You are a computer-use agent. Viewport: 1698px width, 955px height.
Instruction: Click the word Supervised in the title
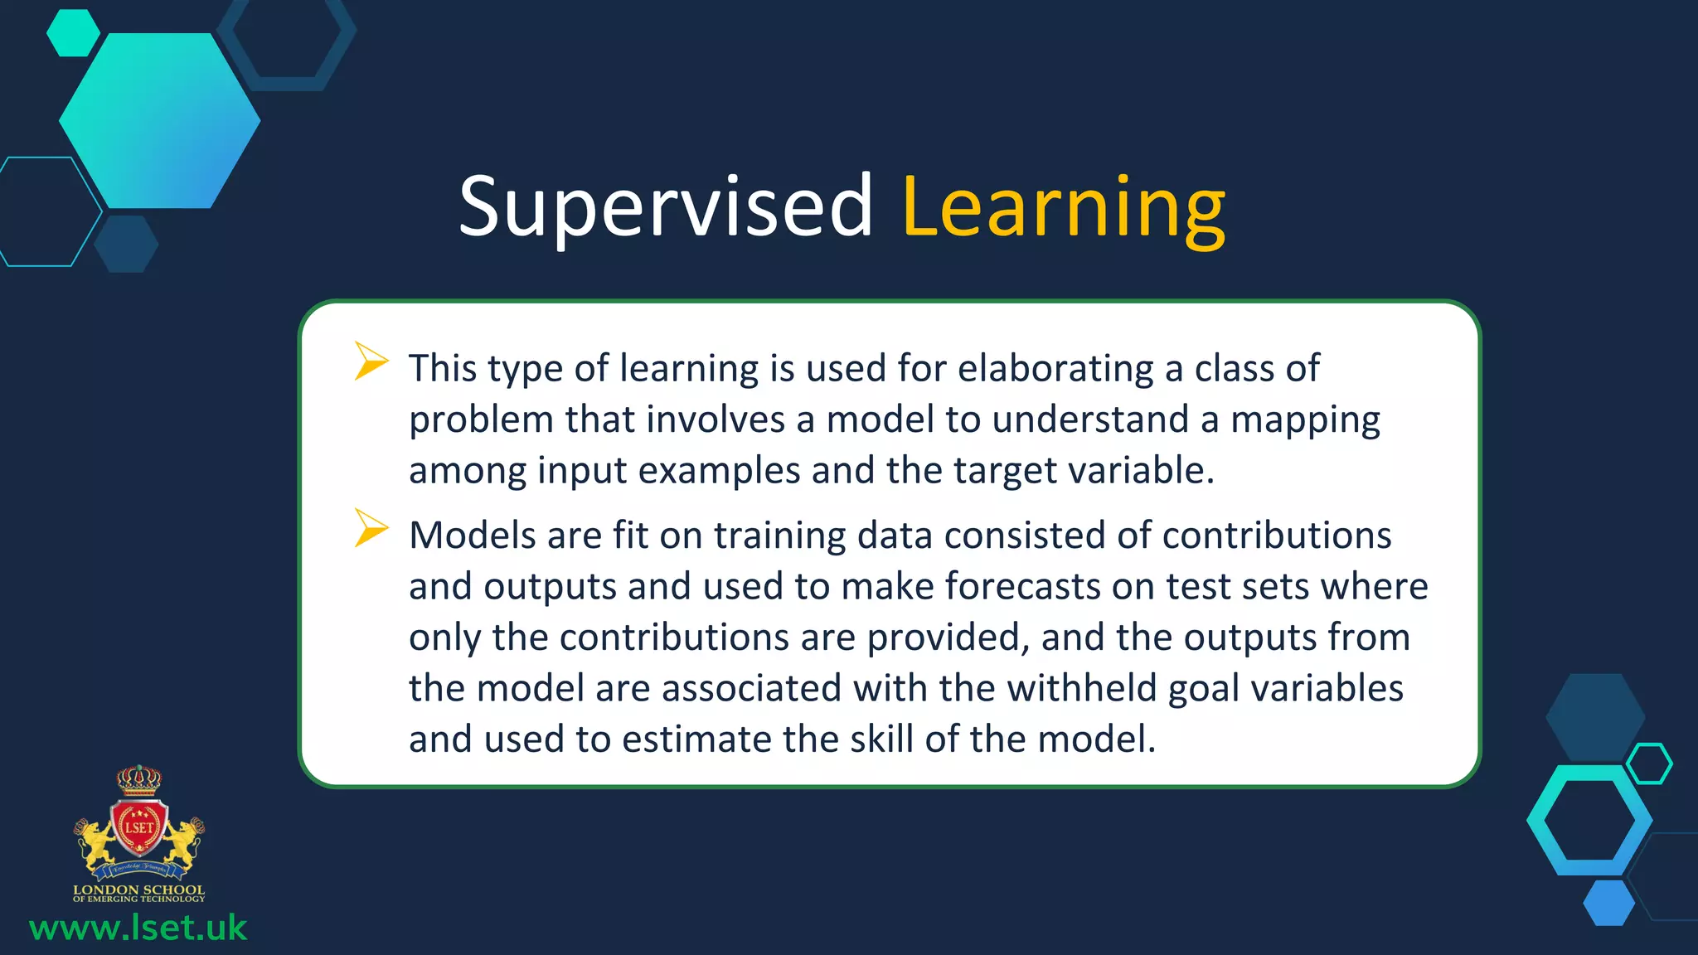[665, 207]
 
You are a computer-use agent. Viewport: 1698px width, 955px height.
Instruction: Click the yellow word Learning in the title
[1063, 207]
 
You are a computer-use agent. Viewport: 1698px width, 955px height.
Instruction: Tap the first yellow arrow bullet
[370, 361]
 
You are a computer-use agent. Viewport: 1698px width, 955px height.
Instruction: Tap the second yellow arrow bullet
[370, 528]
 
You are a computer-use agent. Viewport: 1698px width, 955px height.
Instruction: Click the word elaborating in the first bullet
[1055, 368]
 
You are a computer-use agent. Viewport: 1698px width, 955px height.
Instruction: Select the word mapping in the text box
[1304, 419]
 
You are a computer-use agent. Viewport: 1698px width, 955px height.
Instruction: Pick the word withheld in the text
[1081, 688]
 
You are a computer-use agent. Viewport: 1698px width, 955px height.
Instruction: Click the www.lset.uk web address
[138, 928]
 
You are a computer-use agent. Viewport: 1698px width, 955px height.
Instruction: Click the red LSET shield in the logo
[139, 828]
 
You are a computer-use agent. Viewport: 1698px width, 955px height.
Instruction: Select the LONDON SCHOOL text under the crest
[138, 890]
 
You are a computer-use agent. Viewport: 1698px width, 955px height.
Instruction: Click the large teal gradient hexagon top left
[159, 121]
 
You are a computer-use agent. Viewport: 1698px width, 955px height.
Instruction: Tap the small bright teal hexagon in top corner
[73, 33]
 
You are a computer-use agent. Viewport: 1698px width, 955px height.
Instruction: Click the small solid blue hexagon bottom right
[1608, 903]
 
